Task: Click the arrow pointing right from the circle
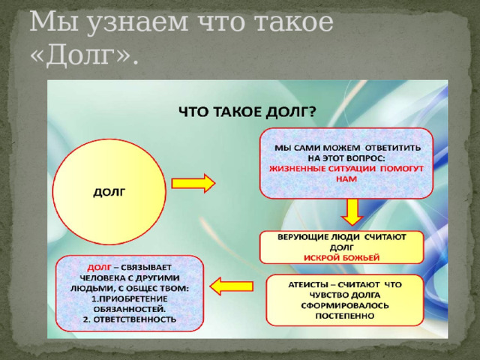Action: pos(193,183)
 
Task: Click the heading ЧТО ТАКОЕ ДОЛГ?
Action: pos(247,112)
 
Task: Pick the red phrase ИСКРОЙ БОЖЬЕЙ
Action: pos(341,257)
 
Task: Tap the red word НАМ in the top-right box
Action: pos(346,180)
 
